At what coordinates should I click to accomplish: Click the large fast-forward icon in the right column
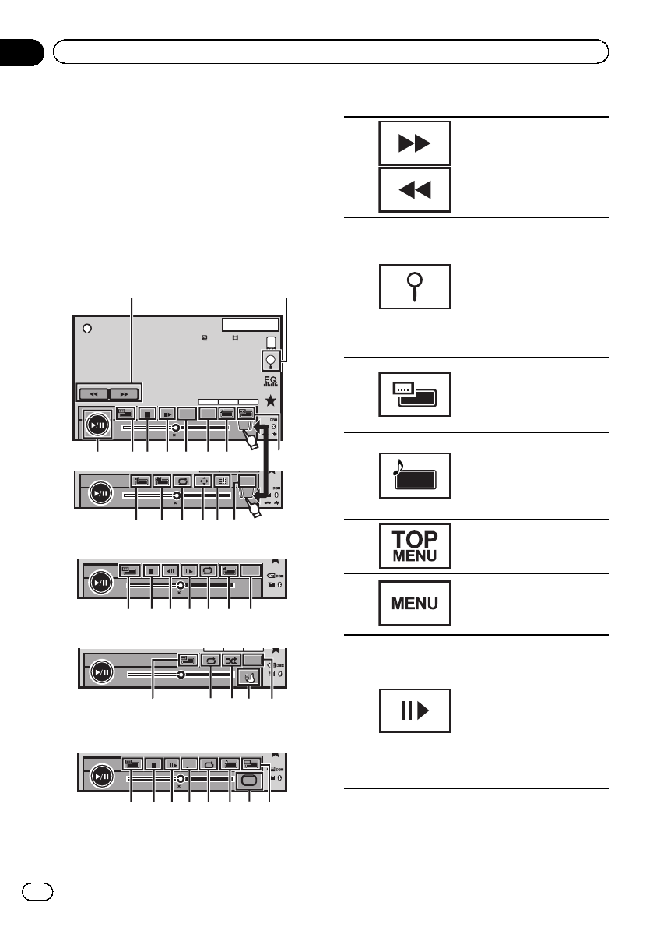tap(414, 143)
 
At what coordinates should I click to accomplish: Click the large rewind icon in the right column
tap(414, 190)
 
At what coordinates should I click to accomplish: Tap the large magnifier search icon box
tap(414, 287)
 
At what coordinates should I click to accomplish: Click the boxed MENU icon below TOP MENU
tap(414, 602)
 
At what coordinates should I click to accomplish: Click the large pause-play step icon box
tap(414, 710)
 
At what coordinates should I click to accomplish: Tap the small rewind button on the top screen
tap(93, 394)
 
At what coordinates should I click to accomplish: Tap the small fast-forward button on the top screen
tap(125, 394)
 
